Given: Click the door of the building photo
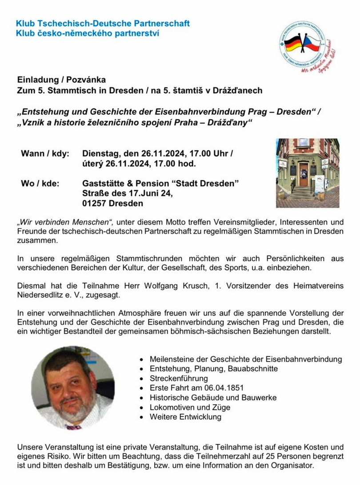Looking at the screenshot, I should pos(304,174).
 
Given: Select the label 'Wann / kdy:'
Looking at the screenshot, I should pos(45,154).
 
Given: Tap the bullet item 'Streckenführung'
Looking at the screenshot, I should pos(179,378).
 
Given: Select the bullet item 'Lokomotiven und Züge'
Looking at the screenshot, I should pos(190,407).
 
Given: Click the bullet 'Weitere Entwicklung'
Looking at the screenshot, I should pos(185,417).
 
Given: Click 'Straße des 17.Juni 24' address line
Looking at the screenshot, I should pos(127,194).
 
